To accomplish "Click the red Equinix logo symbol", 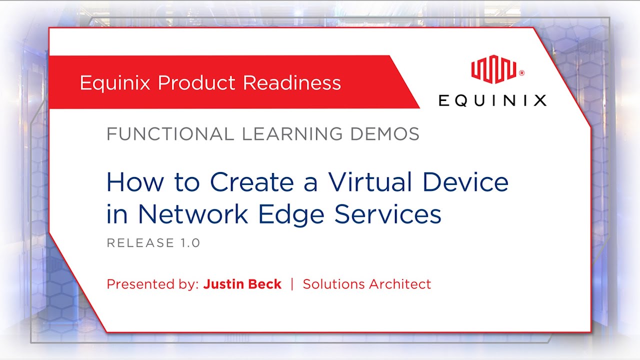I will pyautogui.click(x=494, y=69).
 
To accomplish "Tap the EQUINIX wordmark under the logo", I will pyautogui.click(x=492, y=100).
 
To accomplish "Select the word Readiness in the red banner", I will pyautogui.click(x=292, y=83).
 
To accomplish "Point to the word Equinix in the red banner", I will pyautogui.click(x=115, y=83).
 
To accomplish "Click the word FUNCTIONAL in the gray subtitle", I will pyautogui.click(x=170, y=134).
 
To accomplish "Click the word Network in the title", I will pyautogui.click(x=193, y=214).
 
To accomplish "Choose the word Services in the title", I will pyautogui.click(x=387, y=214).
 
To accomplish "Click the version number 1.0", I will pyautogui.click(x=189, y=243).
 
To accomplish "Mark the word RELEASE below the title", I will pyautogui.click(x=140, y=243).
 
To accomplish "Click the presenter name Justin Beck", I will pyautogui.click(x=242, y=284).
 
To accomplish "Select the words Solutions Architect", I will pyautogui.click(x=366, y=284).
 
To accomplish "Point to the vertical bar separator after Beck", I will pyautogui.click(x=292, y=284).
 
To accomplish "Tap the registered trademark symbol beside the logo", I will pyautogui.click(x=521, y=73).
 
